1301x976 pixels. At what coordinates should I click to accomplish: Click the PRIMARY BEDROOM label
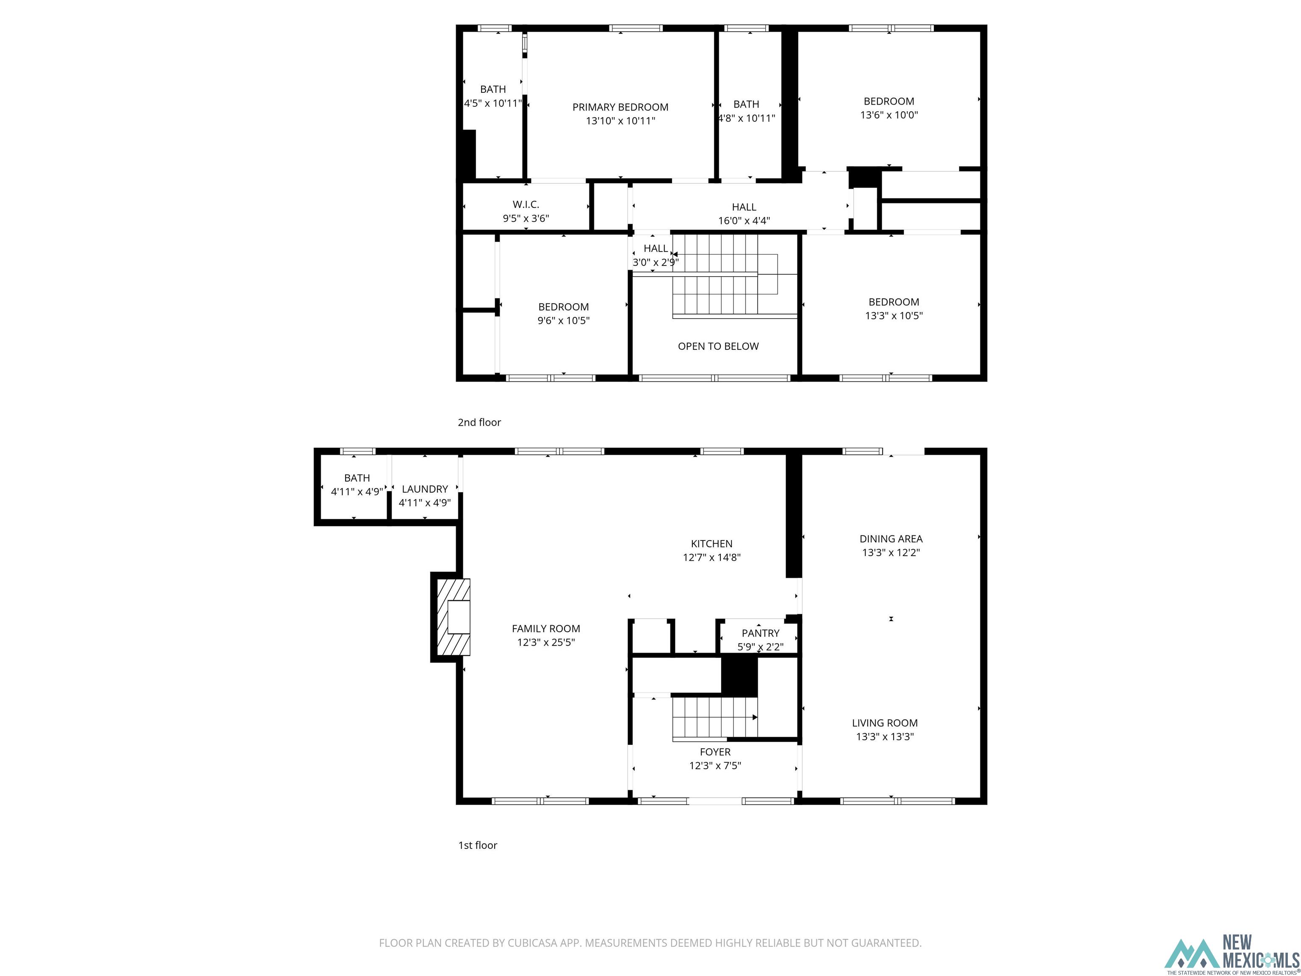620,107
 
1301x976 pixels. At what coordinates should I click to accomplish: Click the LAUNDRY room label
425,489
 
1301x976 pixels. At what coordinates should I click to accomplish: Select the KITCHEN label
711,543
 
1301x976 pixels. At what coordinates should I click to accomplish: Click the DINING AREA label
891,539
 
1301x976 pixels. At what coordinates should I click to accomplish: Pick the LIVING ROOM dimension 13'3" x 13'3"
885,737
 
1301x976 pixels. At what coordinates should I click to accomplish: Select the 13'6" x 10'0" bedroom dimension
889,115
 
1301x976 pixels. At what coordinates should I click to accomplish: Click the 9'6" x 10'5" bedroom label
563,307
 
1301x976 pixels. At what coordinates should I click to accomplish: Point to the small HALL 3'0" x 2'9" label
655,249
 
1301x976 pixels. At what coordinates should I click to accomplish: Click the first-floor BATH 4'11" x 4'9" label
357,478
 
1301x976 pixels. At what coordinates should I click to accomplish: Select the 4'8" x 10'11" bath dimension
746,118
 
